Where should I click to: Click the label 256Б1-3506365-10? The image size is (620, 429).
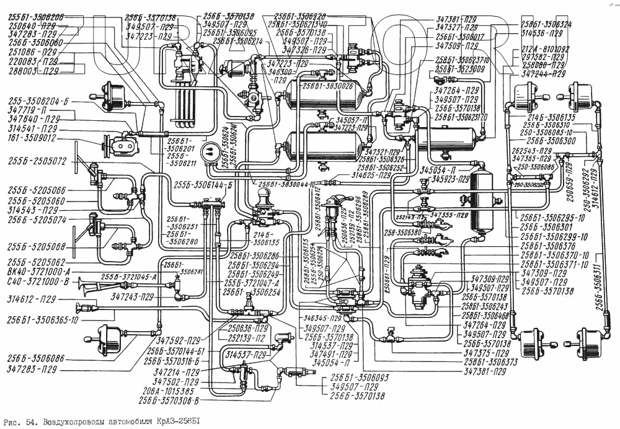click(42, 319)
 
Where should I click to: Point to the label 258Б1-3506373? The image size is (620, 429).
click(490, 362)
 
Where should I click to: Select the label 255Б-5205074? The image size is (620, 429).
click(37, 219)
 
